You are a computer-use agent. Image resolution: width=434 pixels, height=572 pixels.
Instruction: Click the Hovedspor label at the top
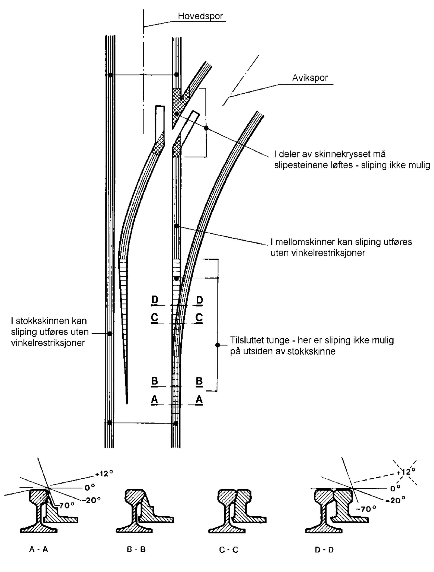pyautogui.click(x=200, y=16)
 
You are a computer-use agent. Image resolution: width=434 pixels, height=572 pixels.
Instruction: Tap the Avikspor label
pyautogui.click(x=310, y=78)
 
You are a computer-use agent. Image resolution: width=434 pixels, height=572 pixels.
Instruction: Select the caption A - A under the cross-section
pyautogui.click(x=39, y=549)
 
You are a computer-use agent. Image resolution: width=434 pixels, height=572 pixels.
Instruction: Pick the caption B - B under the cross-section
pyautogui.click(x=136, y=549)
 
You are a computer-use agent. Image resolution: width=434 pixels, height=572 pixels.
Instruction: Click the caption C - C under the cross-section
pyautogui.click(x=229, y=550)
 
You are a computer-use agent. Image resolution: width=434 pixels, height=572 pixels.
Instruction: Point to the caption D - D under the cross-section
pyautogui.click(x=324, y=550)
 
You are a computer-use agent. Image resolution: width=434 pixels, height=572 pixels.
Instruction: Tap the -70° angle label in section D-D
pyautogui.click(x=366, y=509)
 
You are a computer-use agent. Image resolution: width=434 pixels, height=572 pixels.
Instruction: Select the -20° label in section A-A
pyautogui.click(x=92, y=500)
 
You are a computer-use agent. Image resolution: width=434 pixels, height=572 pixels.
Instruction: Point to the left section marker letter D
pyautogui.click(x=155, y=300)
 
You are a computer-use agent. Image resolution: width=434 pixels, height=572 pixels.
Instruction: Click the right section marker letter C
pyautogui.click(x=199, y=317)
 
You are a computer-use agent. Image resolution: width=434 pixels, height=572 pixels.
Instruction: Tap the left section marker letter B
pyautogui.click(x=155, y=381)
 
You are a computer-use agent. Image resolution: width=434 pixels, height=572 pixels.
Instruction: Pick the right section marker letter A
pyautogui.click(x=199, y=399)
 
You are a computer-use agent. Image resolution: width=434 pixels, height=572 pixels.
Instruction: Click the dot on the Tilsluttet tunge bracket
pyautogui.click(x=218, y=345)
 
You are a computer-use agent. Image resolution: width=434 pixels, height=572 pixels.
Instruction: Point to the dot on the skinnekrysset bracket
pyautogui.click(x=206, y=128)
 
